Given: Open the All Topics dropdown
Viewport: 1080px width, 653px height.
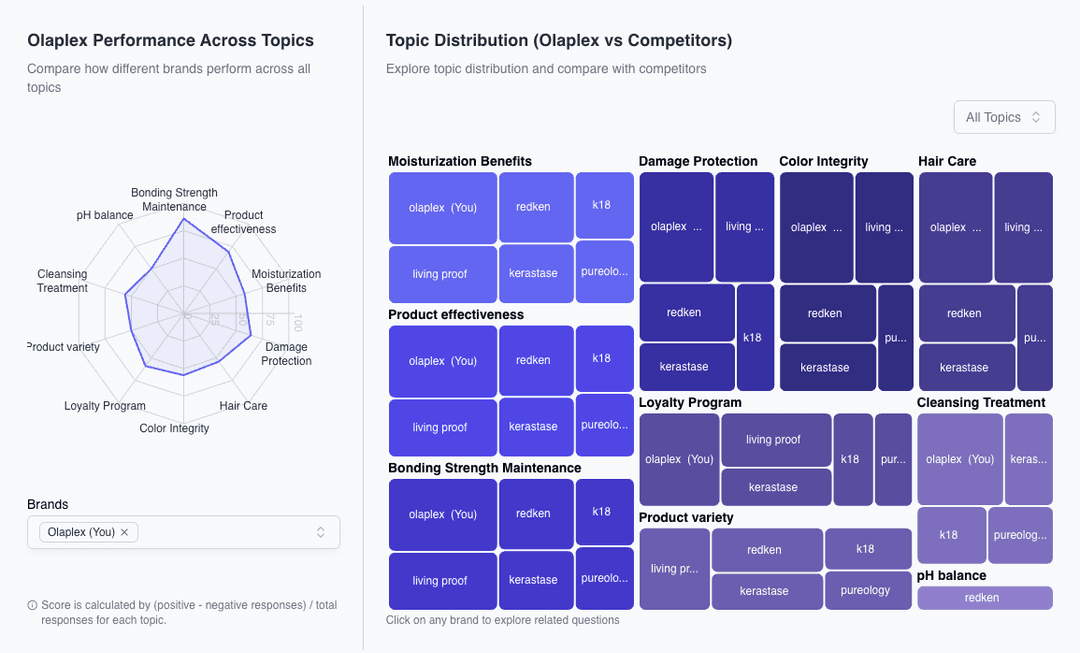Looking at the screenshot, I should [1004, 117].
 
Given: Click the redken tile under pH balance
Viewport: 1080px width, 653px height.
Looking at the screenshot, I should [984, 598].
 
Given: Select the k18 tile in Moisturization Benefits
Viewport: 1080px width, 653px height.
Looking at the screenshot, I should [604, 205].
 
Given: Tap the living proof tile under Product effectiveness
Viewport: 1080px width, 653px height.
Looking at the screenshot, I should [440, 427].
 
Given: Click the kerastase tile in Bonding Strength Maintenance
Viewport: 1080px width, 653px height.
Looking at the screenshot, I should [534, 580].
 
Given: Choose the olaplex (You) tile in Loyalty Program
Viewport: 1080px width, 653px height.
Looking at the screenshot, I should [679, 459].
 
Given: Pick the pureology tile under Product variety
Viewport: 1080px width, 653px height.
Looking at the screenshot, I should [867, 590].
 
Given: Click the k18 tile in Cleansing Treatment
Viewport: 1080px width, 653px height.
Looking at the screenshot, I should [950, 535].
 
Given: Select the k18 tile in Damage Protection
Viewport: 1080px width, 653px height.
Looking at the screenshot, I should [754, 338].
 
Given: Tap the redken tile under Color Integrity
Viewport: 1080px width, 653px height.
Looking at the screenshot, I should [826, 313].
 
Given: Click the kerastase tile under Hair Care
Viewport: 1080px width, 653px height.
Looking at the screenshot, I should [965, 367].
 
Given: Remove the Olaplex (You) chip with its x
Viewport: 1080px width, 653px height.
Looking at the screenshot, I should [125, 532].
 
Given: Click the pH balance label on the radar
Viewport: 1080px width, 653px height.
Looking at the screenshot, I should [105, 215].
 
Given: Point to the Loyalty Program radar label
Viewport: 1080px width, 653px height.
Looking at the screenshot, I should [105, 406].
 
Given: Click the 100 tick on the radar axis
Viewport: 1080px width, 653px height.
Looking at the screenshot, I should [297, 321].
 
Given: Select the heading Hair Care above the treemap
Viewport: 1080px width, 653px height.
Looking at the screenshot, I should [947, 161].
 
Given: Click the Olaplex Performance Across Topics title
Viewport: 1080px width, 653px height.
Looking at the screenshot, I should [171, 41].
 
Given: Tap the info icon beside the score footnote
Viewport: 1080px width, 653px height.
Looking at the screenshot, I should [33, 605].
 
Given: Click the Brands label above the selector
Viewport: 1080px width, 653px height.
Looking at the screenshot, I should [48, 504].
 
